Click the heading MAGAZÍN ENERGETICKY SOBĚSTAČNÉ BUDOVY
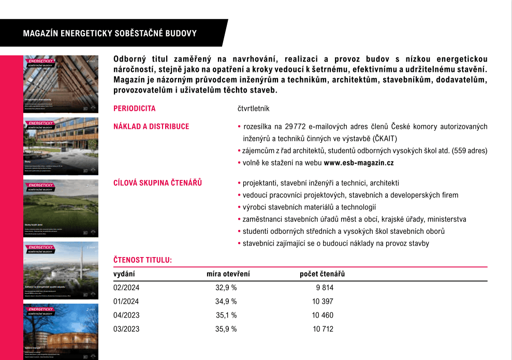110,34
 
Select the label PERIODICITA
134,109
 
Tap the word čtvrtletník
253,109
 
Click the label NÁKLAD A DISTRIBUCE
151,126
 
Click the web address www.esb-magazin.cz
359,162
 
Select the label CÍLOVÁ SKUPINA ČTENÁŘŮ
157,183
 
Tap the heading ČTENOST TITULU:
142,260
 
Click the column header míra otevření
228,274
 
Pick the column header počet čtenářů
322,274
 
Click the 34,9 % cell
226,301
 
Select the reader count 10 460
323,315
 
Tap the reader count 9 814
325,288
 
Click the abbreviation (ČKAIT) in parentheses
382,139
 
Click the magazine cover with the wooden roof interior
61,84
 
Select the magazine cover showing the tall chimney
61,270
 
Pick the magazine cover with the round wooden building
61,332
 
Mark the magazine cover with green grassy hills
61,208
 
